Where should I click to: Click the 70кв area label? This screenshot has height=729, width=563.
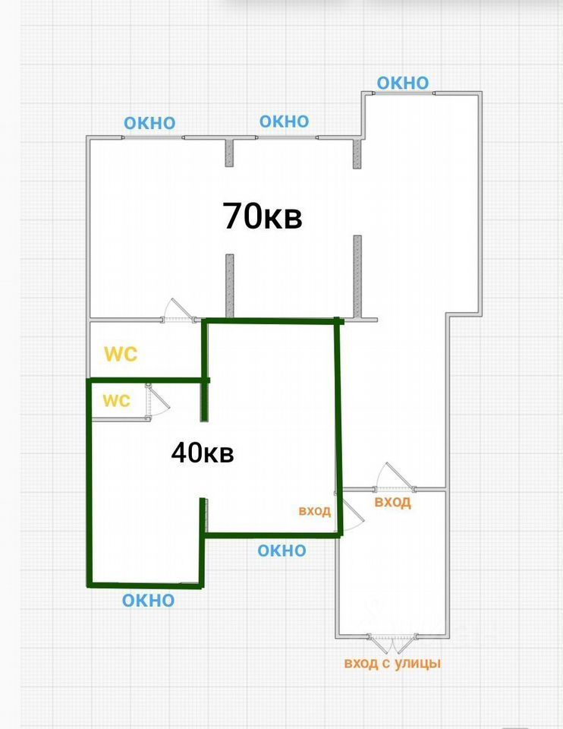[x=263, y=216]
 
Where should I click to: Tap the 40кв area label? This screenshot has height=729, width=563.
[x=202, y=453]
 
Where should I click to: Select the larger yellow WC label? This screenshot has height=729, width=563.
[x=121, y=354]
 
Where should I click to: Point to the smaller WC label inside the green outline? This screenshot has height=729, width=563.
[x=116, y=401]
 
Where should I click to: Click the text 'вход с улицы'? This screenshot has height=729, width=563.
[x=392, y=664]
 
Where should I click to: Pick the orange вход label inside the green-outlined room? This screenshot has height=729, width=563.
[x=315, y=510]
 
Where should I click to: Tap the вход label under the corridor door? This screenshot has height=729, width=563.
[x=393, y=502]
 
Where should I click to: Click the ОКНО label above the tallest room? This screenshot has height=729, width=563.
[x=403, y=83]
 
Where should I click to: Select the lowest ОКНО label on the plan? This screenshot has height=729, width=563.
[x=149, y=601]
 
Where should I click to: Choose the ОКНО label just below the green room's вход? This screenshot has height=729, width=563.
[x=281, y=551]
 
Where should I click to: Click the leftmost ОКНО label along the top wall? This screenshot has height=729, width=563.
[x=149, y=123]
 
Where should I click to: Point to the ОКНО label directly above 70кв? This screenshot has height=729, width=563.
[x=284, y=121]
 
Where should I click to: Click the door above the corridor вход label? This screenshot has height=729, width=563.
[x=395, y=477]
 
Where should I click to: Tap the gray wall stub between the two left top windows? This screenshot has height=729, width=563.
[x=229, y=152]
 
